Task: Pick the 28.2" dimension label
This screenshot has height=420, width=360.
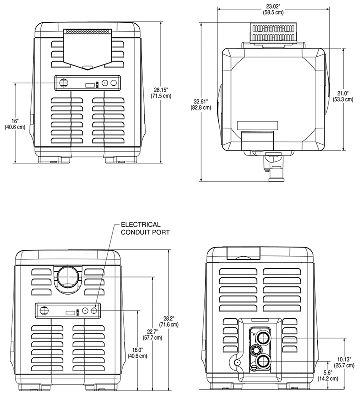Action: [181, 318]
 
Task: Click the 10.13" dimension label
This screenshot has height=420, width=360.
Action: [344, 358]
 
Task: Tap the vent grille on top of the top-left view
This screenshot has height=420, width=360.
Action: [88, 31]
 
